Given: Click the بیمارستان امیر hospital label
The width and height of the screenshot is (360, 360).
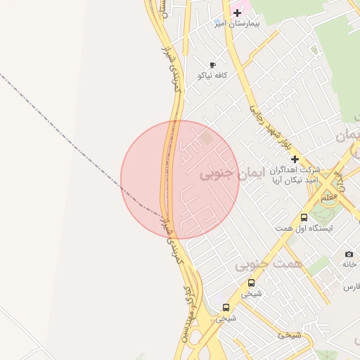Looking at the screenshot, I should [x=238, y=23].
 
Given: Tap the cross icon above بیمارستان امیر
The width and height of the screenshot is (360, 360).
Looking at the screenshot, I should [x=238, y=13].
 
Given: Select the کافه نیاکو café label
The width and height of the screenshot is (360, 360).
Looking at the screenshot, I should [x=212, y=75].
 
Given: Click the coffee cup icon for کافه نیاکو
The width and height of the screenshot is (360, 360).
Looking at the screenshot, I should [x=212, y=65].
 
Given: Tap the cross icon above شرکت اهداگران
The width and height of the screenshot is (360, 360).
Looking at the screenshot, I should [x=295, y=159].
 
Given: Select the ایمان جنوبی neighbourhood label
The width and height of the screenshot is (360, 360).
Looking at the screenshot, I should [x=219, y=173].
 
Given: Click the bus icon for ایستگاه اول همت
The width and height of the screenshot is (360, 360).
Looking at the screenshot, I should [x=304, y=217].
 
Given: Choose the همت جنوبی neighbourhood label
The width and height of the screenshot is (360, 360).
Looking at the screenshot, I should [x=262, y=264].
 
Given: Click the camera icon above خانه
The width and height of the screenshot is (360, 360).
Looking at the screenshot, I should [x=349, y=254].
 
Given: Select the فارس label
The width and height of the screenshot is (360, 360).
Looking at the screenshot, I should [x=352, y=287].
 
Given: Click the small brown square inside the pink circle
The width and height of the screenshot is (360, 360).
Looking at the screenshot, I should [x=207, y=139].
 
